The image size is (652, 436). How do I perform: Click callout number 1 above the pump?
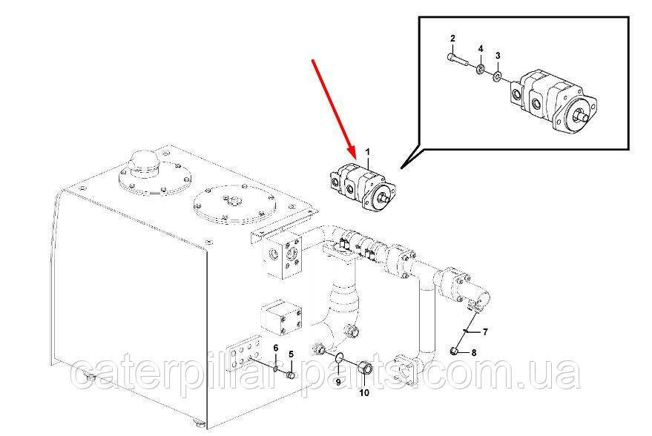tap(367, 153)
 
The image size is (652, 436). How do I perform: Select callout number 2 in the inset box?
tap(452, 39)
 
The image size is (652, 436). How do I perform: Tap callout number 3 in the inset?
tap(498, 56)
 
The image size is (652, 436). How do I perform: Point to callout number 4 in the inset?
tap(481, 49)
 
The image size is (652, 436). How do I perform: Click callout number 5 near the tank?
tap(291, 354)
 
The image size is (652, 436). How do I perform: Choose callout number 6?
tap(275, 348)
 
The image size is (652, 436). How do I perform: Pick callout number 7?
tap(485, 331)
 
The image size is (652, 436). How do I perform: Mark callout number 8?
tap(474, 353)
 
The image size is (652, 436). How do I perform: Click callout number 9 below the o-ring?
tap(338, 382)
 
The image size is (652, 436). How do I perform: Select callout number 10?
tap(364, 393)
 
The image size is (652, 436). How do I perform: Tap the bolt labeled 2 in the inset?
tap(458, 59)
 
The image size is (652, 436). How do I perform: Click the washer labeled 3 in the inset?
tap(497, 76)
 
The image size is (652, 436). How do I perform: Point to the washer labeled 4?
tap(480, 69)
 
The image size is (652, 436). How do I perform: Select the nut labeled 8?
tap(455, 352)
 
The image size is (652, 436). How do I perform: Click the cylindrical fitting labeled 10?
tap(365, 368)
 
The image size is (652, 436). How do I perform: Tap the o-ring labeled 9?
tap(339, 357)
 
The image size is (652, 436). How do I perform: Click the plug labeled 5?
tap(291, 376)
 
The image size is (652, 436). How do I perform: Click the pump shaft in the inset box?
tap(584, 116)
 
